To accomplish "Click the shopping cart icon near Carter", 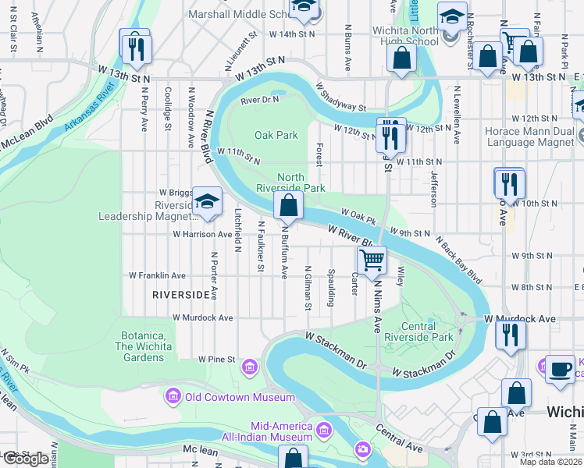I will pyautogui.click(x=372, y=260).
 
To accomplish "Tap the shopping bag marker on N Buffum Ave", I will pyautogui.click(x=288, y=207).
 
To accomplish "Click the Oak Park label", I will pyautogui.click(x=276, y=135).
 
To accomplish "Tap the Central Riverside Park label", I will pyautogui.click(x=427, y=331).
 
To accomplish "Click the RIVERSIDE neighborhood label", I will pyautogui.click(x=182, y=295).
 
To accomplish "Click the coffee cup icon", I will pyautogui.click(x=559, y=369).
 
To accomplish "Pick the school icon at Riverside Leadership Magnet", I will pyautogui.click(x=207, y=201).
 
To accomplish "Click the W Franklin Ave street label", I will pyautogui.click(x=158, y=275).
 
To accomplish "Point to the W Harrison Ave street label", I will pyautogui.click(x=203, y=234).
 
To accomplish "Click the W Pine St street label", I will pyautogui.click(x=216, y=359).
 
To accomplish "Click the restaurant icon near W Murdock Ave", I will pyautogui.click(x=511, y=334).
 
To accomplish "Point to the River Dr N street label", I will pyautogui.click(x=260, y=100).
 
